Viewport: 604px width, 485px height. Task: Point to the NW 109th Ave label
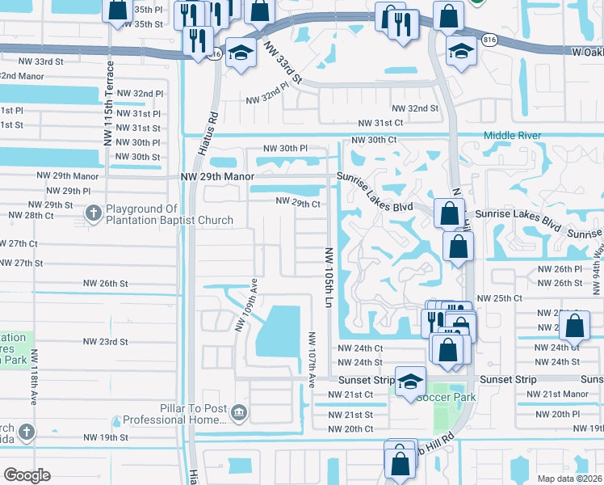pyautogui.click(x=246, y=310)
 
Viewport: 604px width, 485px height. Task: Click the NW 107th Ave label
pyautogui.click(x=312, y=356)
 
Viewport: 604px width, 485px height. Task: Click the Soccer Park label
pyautogui.click(x=440, y=397)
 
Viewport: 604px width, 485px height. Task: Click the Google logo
pyautogui.click(x=27, y=474)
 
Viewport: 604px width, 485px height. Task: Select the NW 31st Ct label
pyautogui.click(x=381, y=122)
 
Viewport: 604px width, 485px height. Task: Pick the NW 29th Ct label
pyautogui.click(x=299, y=202)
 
